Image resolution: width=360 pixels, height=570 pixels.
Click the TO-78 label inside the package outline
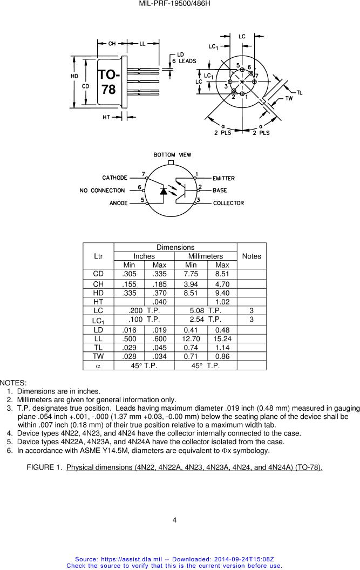pos(109,82)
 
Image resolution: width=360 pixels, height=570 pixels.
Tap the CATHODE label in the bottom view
pos(114,178)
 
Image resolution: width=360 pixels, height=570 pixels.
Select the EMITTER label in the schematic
pos(223,178)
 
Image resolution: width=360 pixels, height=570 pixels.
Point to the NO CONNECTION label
pos(102,191)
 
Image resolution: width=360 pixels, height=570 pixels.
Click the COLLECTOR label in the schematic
pos(228,203)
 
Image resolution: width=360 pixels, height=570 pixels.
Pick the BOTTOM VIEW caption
pos(172,155)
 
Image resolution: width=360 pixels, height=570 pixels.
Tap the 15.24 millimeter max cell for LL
pos(222,338)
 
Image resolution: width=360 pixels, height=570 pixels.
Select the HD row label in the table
pos(98,293)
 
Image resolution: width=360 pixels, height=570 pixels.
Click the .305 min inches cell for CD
pos(129,274)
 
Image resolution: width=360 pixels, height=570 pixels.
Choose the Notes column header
pos(252,256)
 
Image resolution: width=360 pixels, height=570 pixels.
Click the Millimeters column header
pos(206,256)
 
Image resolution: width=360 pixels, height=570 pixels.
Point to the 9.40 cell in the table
pos(222,293)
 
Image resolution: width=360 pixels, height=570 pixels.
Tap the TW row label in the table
pos(98,357)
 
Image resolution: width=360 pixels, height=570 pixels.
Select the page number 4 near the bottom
pos(174,520)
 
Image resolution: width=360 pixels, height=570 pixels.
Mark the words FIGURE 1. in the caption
pos(43,467)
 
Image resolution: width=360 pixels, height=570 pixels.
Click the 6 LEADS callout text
pos(185,61)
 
